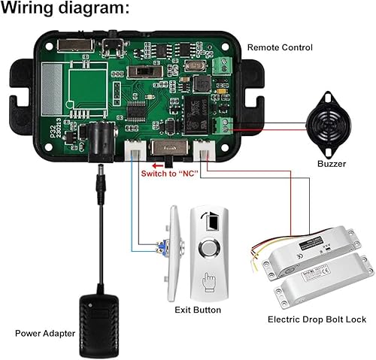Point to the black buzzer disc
tap(328, 118)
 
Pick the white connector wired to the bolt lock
tap(205, 150)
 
